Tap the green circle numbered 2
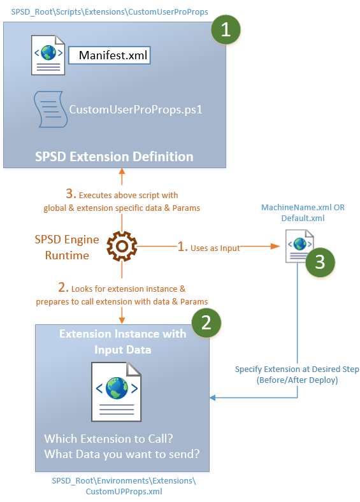(x=205, y=324)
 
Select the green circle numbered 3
(x=320, y=261)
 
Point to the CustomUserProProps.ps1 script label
(x=135, y=109)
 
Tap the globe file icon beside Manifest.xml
(x=48, y=54)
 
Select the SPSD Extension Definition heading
(x=115, y=156)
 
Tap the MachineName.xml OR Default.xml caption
(x=303, y=213)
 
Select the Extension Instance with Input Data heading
(x=122, y=341)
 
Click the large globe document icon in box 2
(x=116, y=392)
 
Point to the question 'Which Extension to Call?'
(x=108, y=439)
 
